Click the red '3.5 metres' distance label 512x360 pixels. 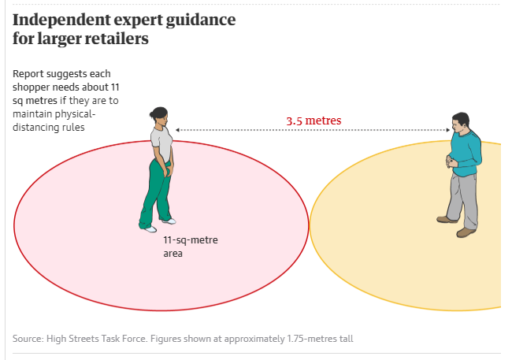tap(314, 121)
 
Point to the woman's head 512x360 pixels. tap(159, 116)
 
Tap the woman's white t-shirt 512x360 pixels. tap(161, 143)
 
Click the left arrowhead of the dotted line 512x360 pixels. tap(178, 129)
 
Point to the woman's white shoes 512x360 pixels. tap(157, 225)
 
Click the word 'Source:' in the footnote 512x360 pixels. tap(28, 339)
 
